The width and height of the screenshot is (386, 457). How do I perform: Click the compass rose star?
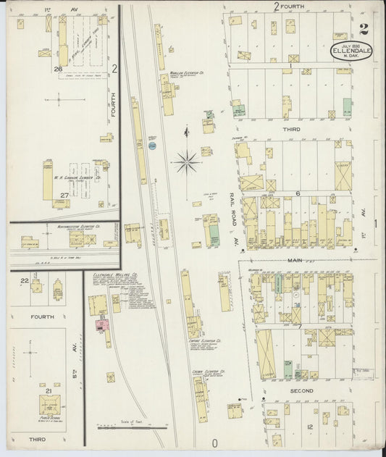click(x=187, y=161)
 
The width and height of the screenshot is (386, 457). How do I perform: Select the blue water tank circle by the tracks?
click(x=152, y=146)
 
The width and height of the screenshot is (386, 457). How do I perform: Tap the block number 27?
click(x=64, y=195)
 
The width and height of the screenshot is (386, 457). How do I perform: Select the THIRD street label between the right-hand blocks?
click(x=291, y=129)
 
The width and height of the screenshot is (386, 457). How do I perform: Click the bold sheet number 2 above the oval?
click(x=362, y=30)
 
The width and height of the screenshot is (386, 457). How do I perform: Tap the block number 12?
click(x=309, y=427)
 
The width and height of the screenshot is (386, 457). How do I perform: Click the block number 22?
click(x=24, y=280)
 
